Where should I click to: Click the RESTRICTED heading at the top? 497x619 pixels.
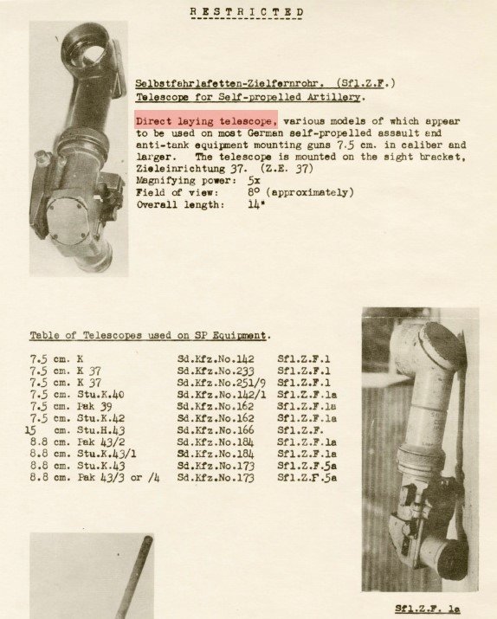point(247,11)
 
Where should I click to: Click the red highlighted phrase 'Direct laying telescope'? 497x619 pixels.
point(206,120)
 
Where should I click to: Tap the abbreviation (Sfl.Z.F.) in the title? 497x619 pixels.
point(366,83)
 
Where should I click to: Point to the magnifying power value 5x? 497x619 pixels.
point(254,180)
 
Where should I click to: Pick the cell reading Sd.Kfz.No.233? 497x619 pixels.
point(216,371)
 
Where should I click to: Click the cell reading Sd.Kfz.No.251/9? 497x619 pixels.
point(222,383)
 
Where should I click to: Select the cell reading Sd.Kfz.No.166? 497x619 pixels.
point(216,430)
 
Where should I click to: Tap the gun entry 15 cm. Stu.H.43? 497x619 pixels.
point(75,430)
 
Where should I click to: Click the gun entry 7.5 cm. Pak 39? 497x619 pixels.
point(71,406)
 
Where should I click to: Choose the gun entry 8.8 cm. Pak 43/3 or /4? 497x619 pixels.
point(94,478)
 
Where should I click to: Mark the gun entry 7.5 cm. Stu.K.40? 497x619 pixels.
point(77,395)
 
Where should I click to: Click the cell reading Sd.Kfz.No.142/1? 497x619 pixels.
point(222,395)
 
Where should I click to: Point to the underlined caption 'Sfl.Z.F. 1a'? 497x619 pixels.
point(428,609)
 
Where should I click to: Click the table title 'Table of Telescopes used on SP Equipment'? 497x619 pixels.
point(148,336)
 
